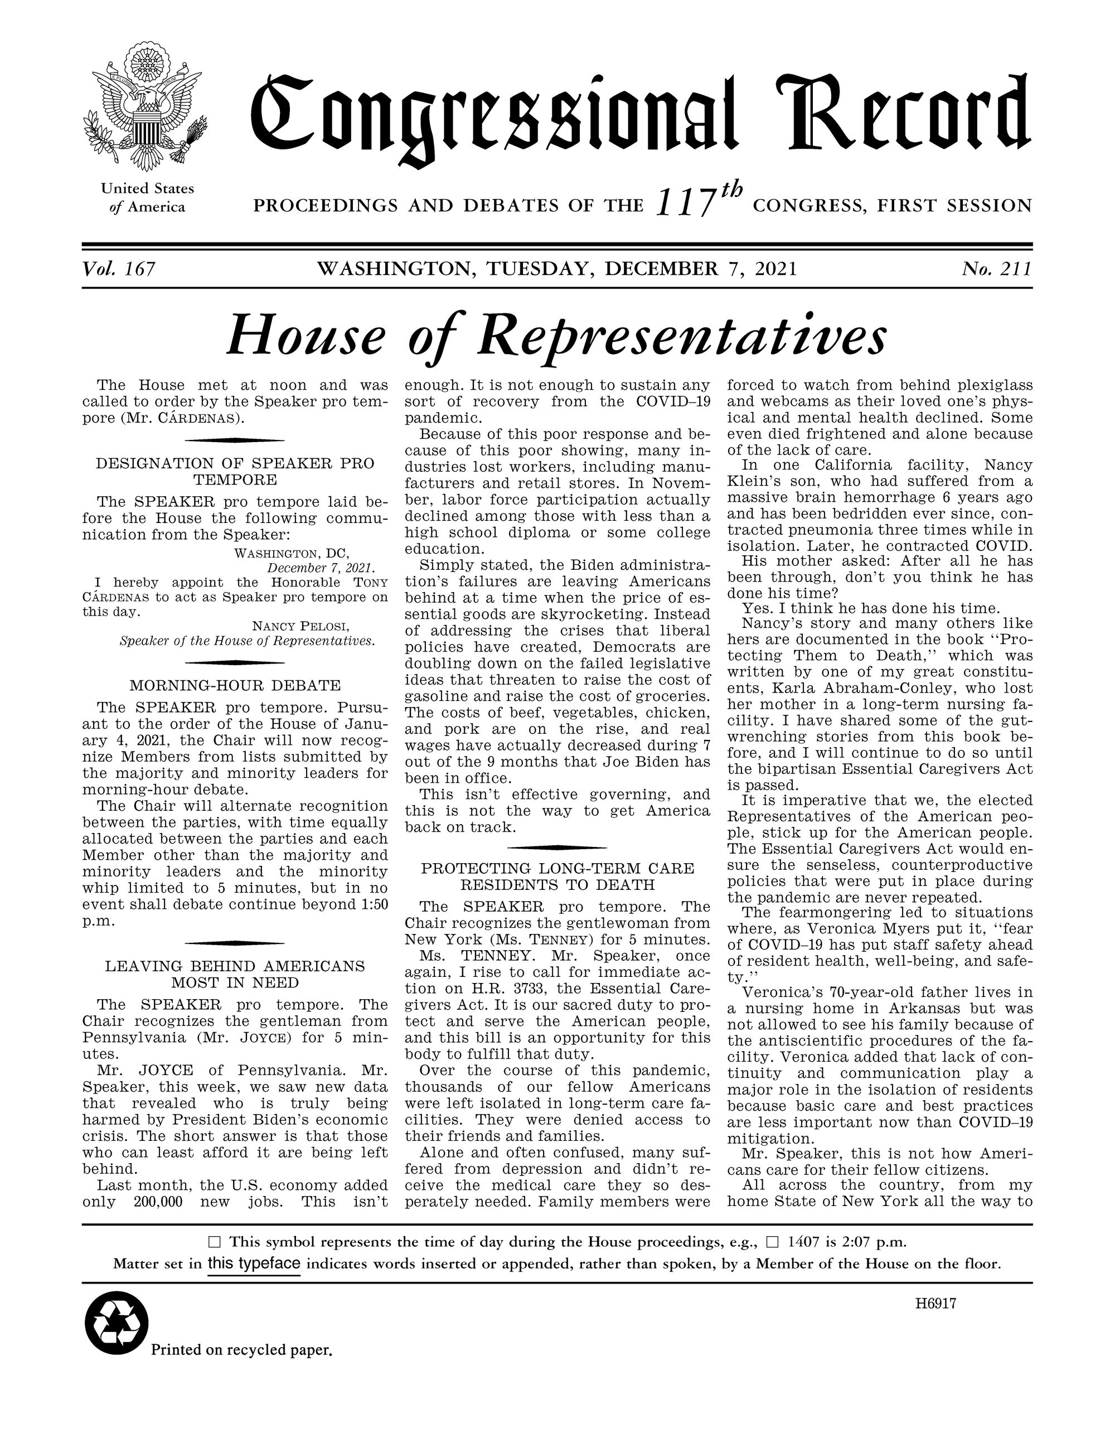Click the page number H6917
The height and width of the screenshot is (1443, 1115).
click(x=935, y=1304)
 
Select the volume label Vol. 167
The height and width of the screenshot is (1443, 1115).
click(x=119, y=269)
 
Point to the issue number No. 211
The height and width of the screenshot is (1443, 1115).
click(x=996, y=269)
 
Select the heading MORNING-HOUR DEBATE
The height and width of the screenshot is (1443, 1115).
click(x=235, y=685)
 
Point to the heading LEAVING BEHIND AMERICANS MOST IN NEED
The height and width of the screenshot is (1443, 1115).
click(x=235, y=974)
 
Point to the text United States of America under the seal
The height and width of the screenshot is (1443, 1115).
click(x=147, y=197)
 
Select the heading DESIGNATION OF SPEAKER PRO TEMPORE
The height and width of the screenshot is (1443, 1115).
click(x=235, y=471)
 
